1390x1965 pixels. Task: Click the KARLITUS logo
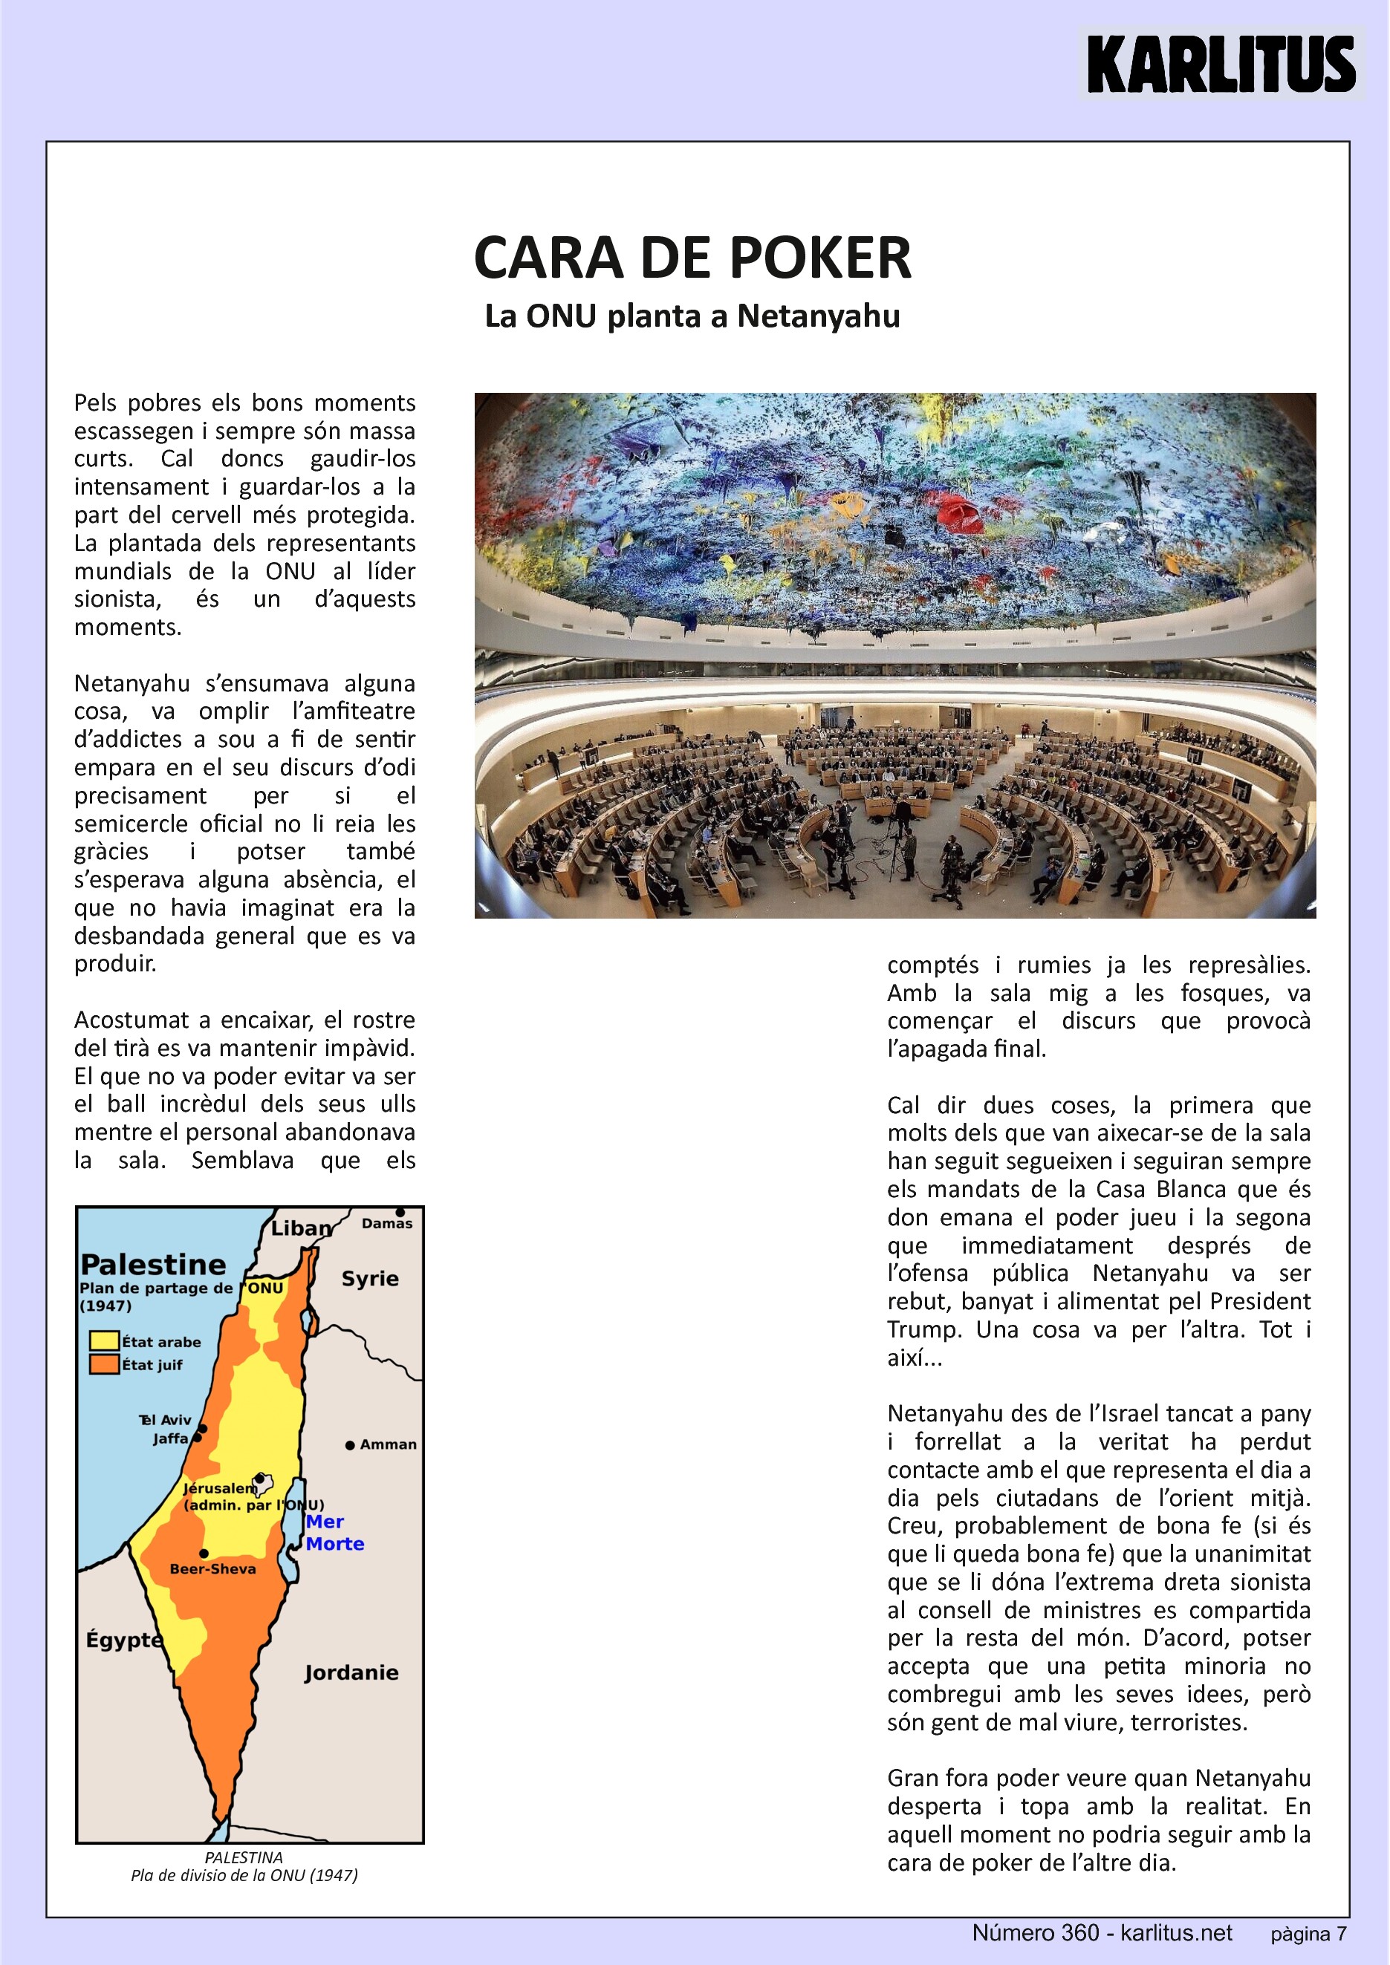(1221, 64)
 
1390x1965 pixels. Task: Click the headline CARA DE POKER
(692, 258)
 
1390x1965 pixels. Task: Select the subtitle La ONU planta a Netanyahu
(692, 316)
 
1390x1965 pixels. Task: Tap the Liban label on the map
(300, 1229)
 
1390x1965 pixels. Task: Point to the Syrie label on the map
(370, 1279)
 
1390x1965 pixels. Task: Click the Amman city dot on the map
(350, 1445)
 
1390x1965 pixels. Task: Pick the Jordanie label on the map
(351, 1672)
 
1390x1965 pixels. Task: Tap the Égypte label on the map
(123, 1640)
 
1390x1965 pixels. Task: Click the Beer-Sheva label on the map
(212, 1568)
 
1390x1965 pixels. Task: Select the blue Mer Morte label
(334, 1533)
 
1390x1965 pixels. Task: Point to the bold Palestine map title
(153, 1265)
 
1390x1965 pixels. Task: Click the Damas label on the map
(387, 1224)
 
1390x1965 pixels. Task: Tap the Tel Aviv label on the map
(166, 1420)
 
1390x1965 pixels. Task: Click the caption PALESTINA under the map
(244, 1857)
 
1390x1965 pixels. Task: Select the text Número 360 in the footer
(1035, 1932)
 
